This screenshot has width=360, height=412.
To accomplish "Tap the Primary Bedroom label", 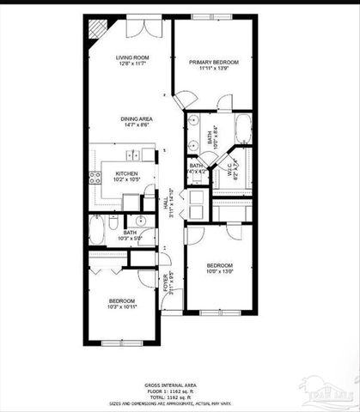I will pos(213,63).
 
